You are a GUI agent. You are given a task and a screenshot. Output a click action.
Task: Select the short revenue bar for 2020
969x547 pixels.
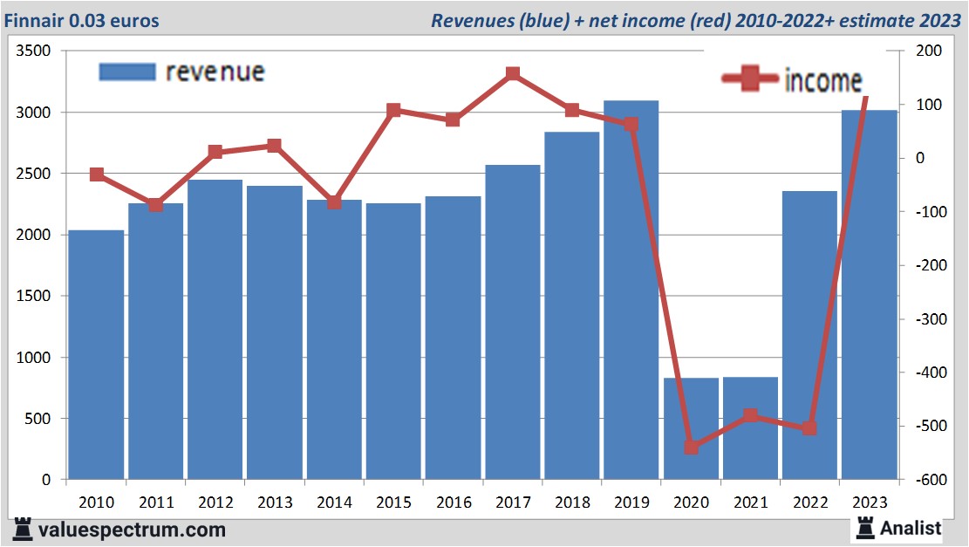[691, 428]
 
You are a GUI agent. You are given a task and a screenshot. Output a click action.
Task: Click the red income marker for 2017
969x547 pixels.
[513, 74]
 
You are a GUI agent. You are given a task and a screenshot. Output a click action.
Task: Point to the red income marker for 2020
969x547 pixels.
[691, 448]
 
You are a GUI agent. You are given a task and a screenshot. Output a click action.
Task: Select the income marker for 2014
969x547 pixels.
[334, 202]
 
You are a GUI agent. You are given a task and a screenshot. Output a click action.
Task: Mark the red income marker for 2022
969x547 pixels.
[809, 428]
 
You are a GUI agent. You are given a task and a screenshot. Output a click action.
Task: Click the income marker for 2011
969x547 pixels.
[155, 205]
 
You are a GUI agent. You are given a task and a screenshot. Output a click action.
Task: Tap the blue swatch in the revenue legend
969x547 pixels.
[127, 72]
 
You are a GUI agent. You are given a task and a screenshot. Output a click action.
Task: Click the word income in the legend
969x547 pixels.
[822, 80]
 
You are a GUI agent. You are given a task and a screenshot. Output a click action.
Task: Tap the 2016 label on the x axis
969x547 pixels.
[454, 503]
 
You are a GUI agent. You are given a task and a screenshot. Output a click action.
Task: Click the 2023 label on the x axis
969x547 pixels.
[870, 503]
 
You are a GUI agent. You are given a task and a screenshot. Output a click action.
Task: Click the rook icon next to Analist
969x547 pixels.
[865, 527]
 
